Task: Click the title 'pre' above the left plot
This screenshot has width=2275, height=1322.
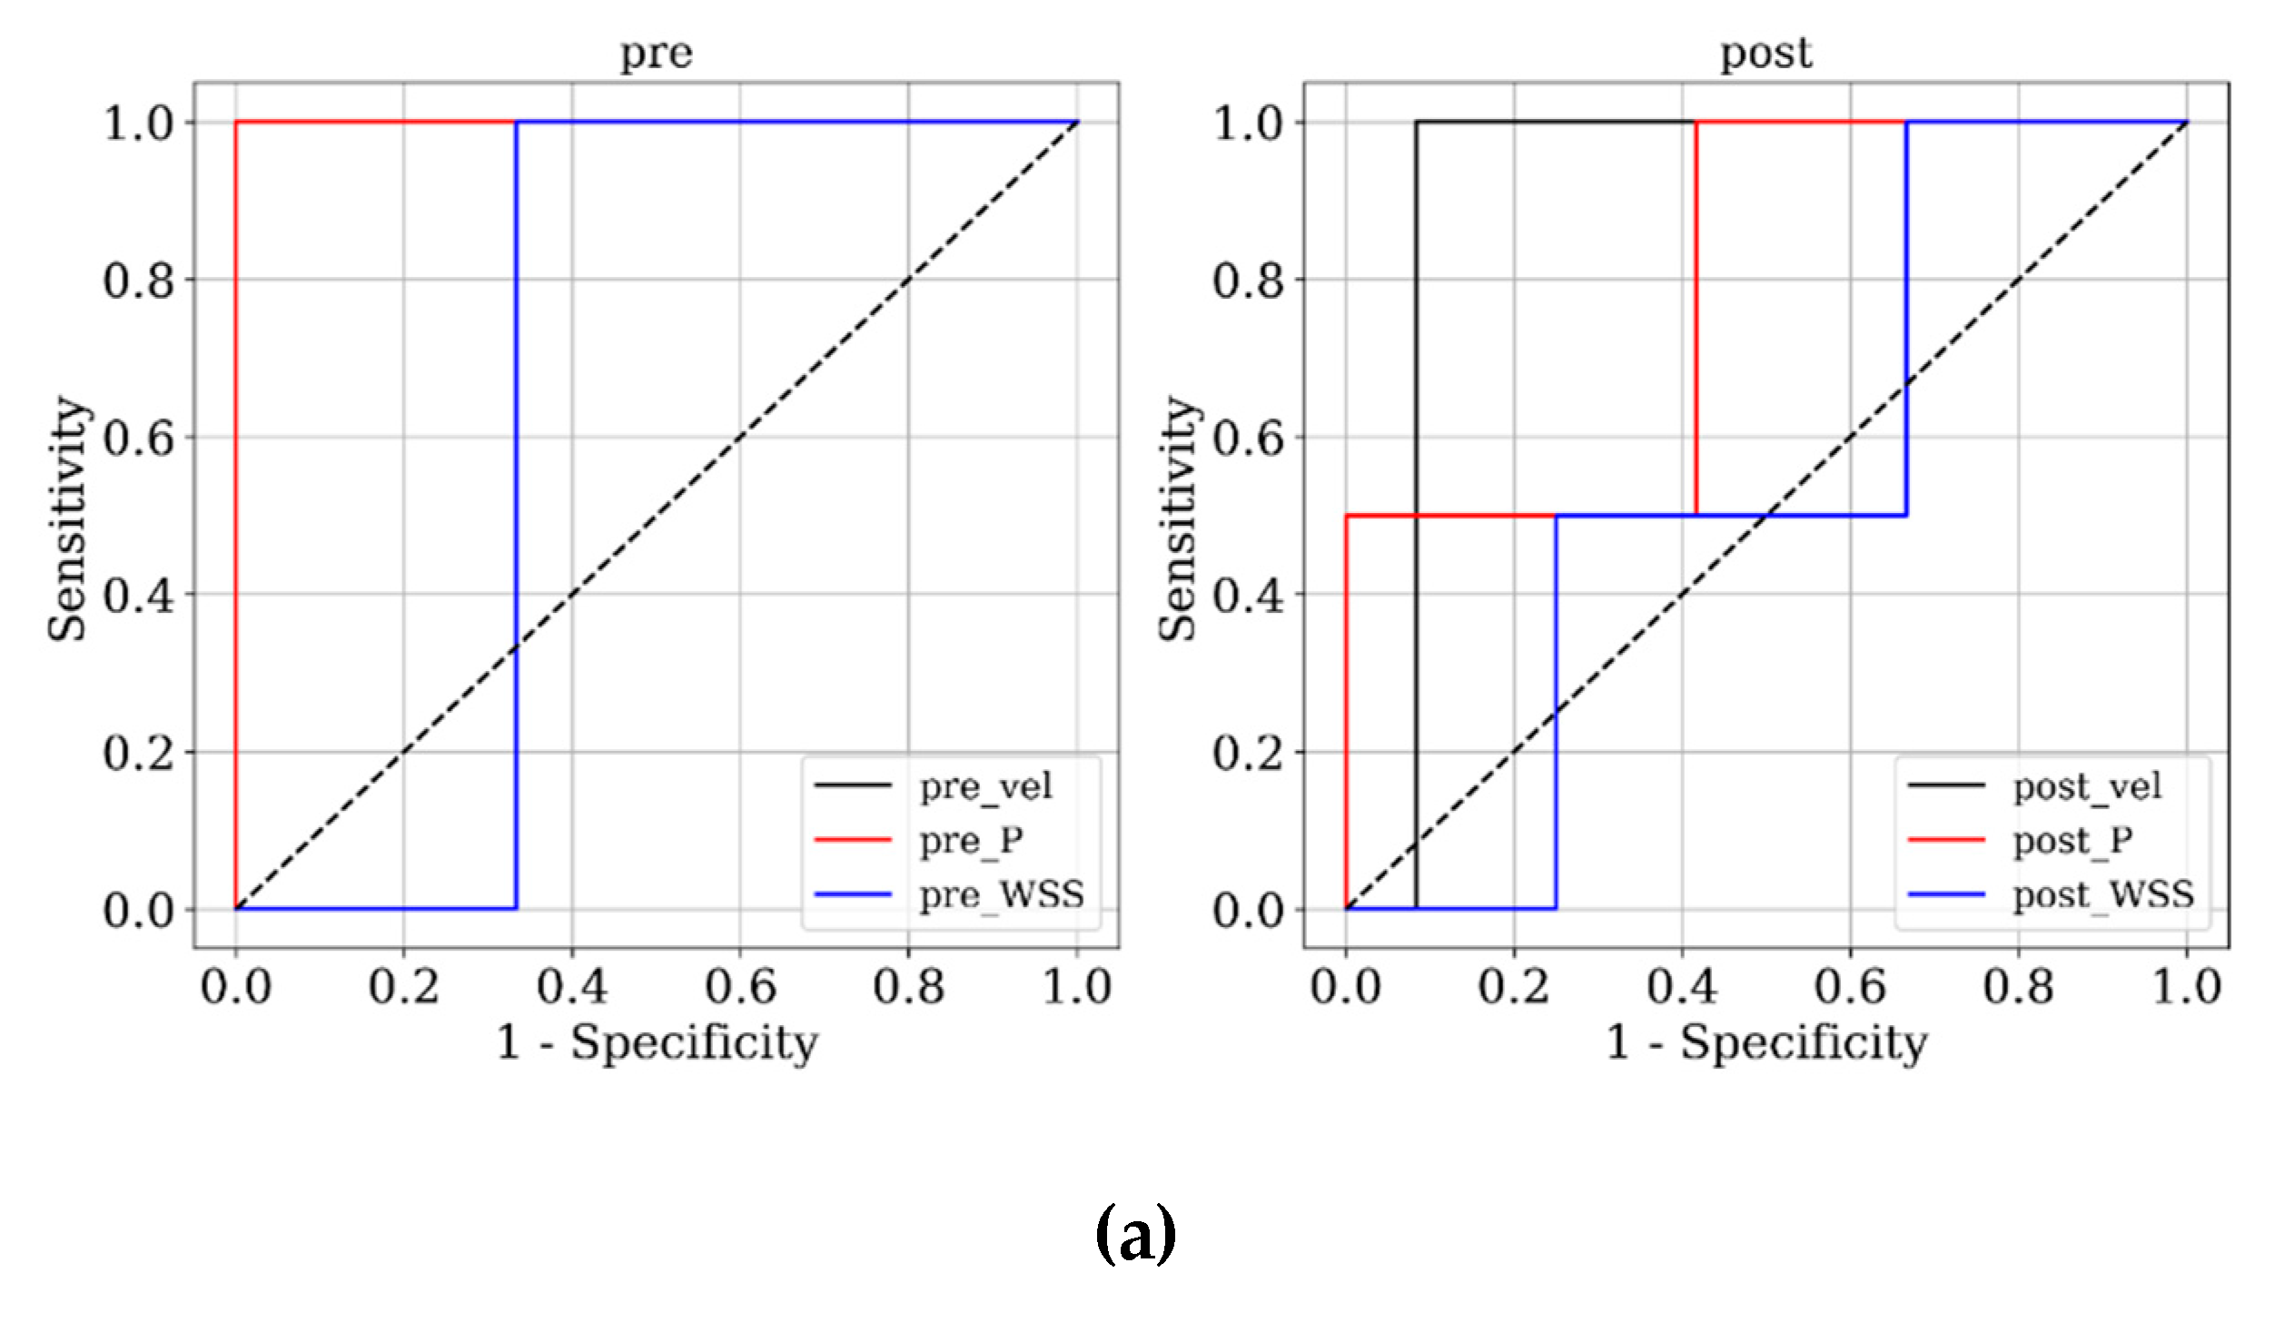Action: pos(656,54)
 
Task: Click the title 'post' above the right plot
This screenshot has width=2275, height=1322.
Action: pos(1766,54)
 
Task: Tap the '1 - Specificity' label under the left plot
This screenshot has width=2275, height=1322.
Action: pos(657,1042)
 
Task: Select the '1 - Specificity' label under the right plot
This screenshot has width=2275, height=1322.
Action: pos(1766,1042)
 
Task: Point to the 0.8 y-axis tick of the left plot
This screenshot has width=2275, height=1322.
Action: pos(138,281)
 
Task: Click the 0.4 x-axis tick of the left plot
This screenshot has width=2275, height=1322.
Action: pos(571,987)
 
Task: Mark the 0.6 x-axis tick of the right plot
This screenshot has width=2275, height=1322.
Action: pos(1850,987)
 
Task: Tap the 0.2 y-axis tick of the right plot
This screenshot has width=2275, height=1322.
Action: pos(1248,753)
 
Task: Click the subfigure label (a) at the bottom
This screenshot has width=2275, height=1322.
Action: pos(1135,1235)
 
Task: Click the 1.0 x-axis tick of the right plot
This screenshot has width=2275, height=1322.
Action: pos(2186,987)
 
